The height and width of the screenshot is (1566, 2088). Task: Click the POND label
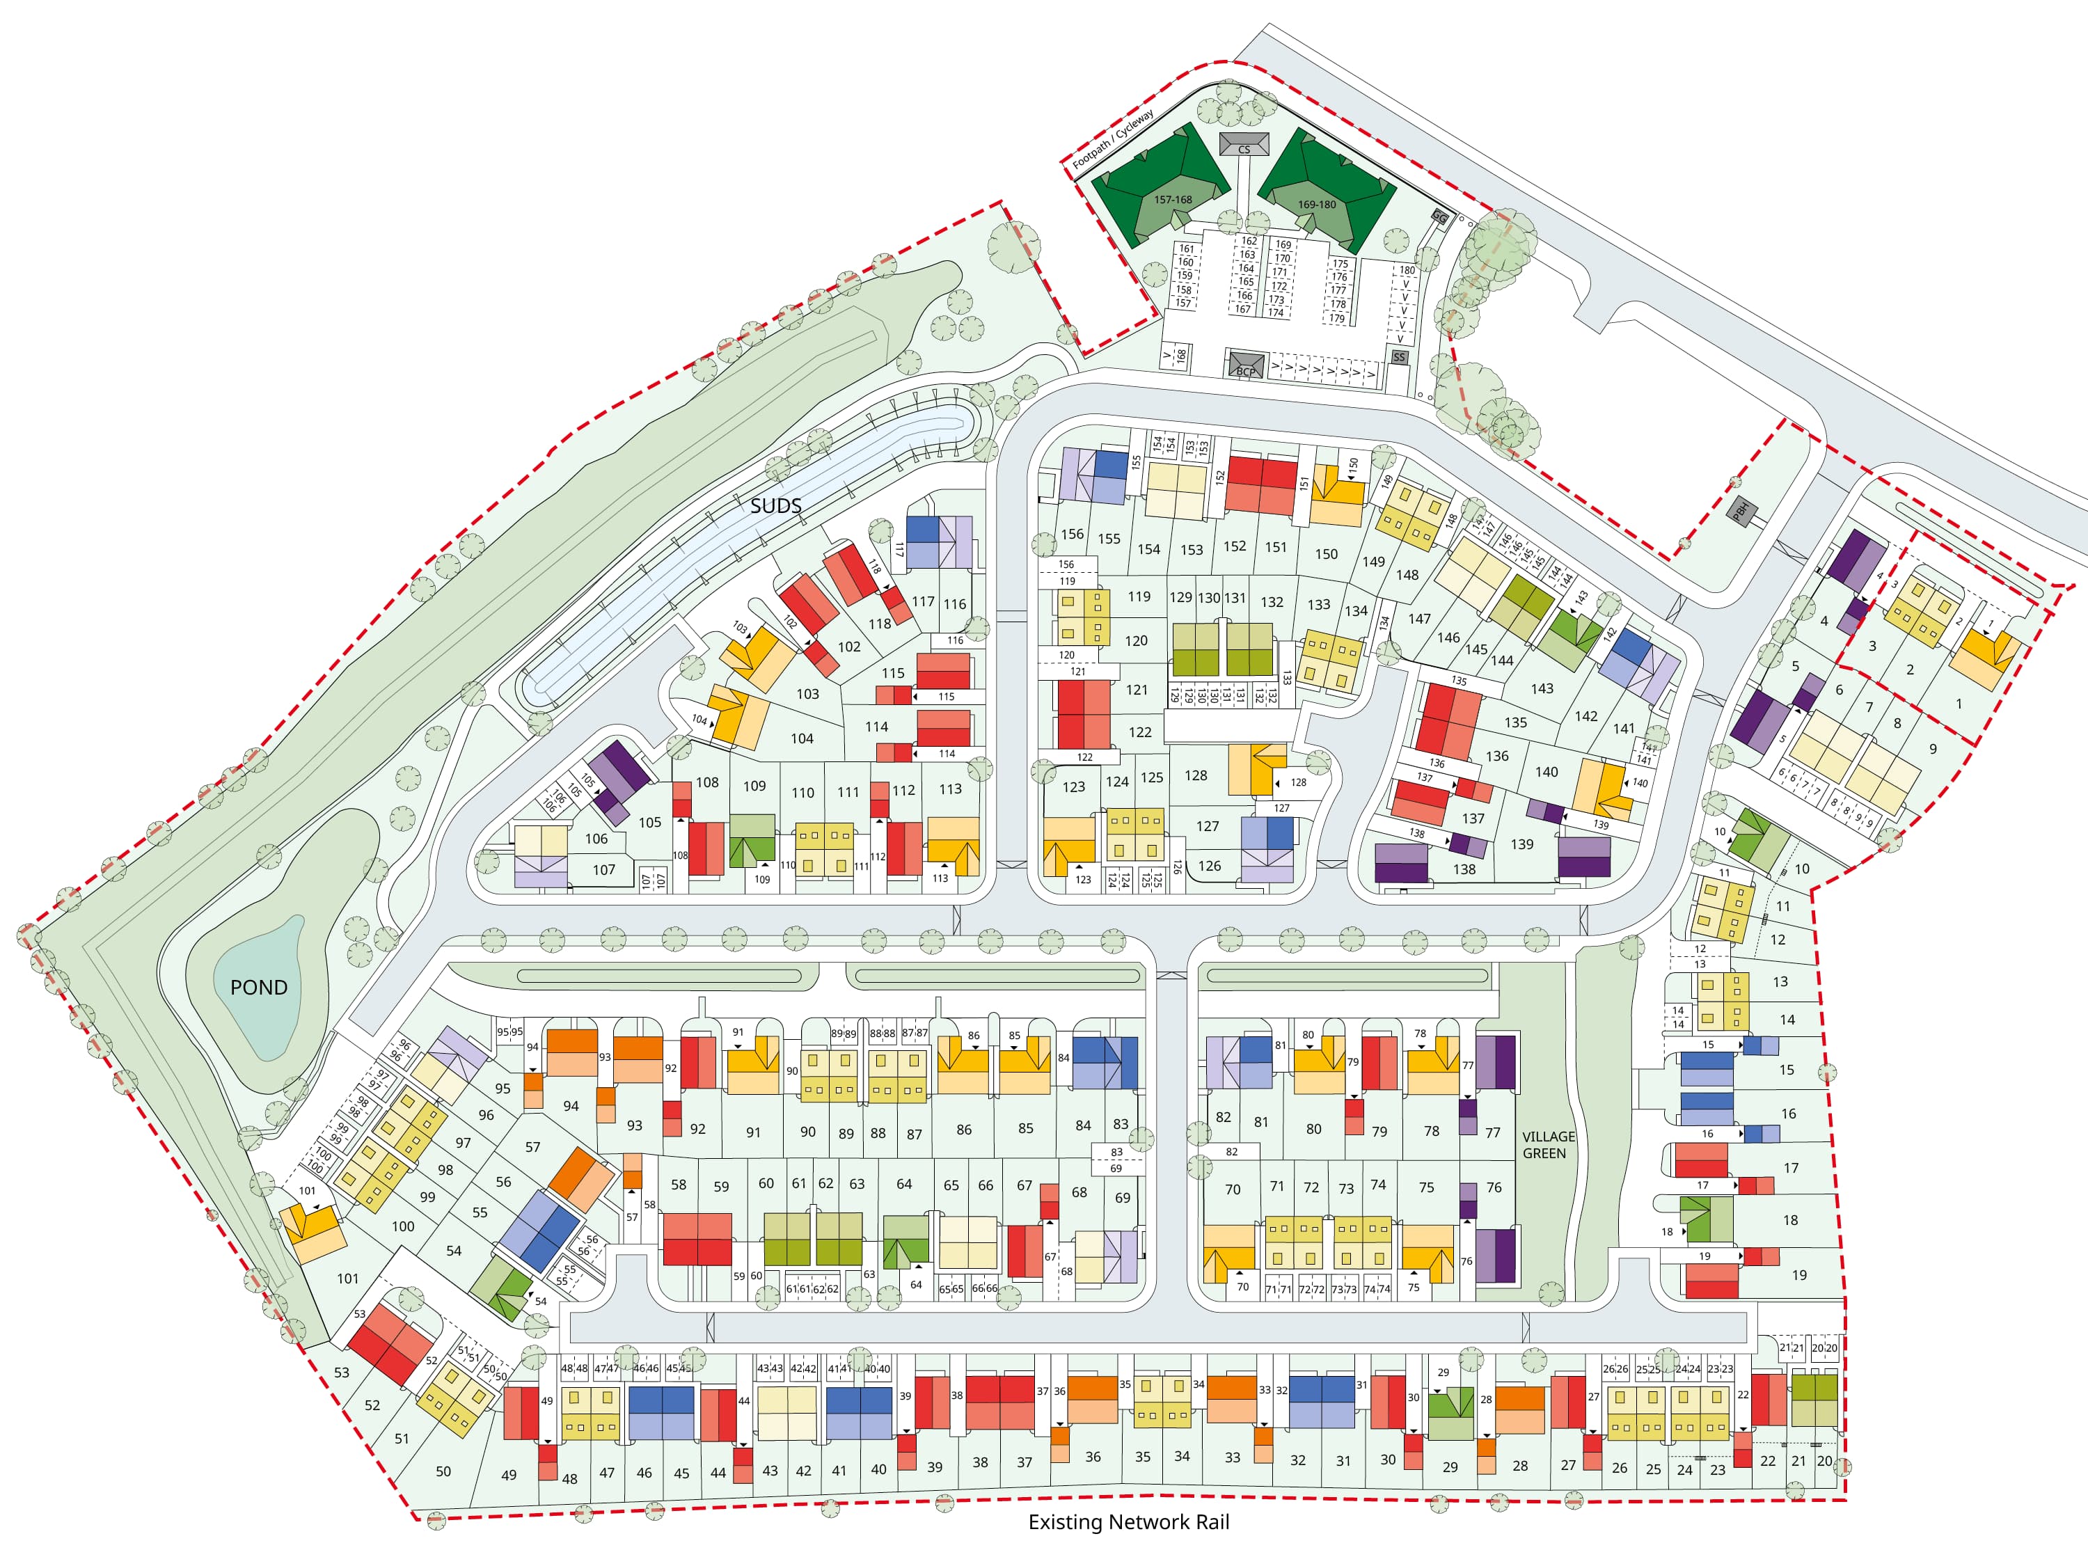pyautogui.click(x=259, y=988)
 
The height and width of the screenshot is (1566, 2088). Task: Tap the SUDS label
pyautogui.click(x=776, y=506)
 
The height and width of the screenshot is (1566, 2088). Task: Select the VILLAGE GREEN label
pyautogui.click(x=1548, y=1145)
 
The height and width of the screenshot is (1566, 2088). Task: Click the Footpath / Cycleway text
pyautogui.click(x=1113, y=140)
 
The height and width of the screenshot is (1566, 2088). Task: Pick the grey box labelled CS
pyautogui.click(x=1244, y=145)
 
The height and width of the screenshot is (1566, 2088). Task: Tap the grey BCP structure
pyautogui.click(x=1246, y=366)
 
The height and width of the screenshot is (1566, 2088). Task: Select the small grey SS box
pyautogui.click(x=1399, y=358)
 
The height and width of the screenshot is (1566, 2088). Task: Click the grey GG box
pyautogui.click(x=1439, y=217)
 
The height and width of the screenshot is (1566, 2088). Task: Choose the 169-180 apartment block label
pyautogui.click(x=1316, y=205)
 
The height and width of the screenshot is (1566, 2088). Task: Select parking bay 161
pyautogui.click(x=1187, y=249)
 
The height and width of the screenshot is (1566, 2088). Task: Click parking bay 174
pyautogui.click(x=1276, y=313)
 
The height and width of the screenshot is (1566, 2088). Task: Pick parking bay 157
pyautogui.click(x=1183, y=303)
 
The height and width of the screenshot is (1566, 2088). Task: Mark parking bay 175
pyautogui.click(x=1340, y=264)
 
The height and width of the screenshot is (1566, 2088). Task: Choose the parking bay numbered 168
pyautogui.click(x=1181, y=357)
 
